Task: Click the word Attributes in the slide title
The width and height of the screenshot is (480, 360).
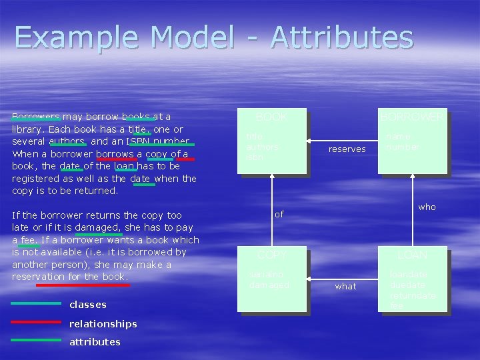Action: pyautogui.click(x=341, y=37)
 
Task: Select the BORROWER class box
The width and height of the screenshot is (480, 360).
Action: pyautogui.click(x=411, y=141)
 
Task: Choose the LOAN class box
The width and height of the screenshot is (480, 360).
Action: pyautogui.click(x=411, y=279)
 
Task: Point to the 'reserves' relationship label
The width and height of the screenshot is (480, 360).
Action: pyautogui.click(x=347, y=149)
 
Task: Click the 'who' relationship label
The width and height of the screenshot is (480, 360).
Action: pyautogui.click(x=427, y=207)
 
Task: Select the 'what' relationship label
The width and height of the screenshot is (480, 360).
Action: pyautogui.click(x=345, y=287)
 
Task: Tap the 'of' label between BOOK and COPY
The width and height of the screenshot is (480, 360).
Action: pyautogui.click(x=279, y=214)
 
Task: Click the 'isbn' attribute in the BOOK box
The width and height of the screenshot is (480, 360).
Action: pyautogui.click(x=255, y=157)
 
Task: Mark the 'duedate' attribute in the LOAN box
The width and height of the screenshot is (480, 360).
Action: pyautogui.click(x=407, y=285)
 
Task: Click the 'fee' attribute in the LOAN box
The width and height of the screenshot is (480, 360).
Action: pyautogui.click(x=397, y=305)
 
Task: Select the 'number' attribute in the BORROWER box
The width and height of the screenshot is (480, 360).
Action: pyautogui.click(x=402, y=147)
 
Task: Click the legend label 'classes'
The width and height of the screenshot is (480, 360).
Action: pyautogui.click(x=88, y=305)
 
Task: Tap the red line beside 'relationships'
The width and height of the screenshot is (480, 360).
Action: pyautogui.click(x=36, y=323)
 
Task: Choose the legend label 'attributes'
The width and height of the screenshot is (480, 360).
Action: pyautogui.click(x=95, y=342)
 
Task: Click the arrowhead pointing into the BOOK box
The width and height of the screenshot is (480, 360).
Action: pyautogui.click(x=309, y=141)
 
